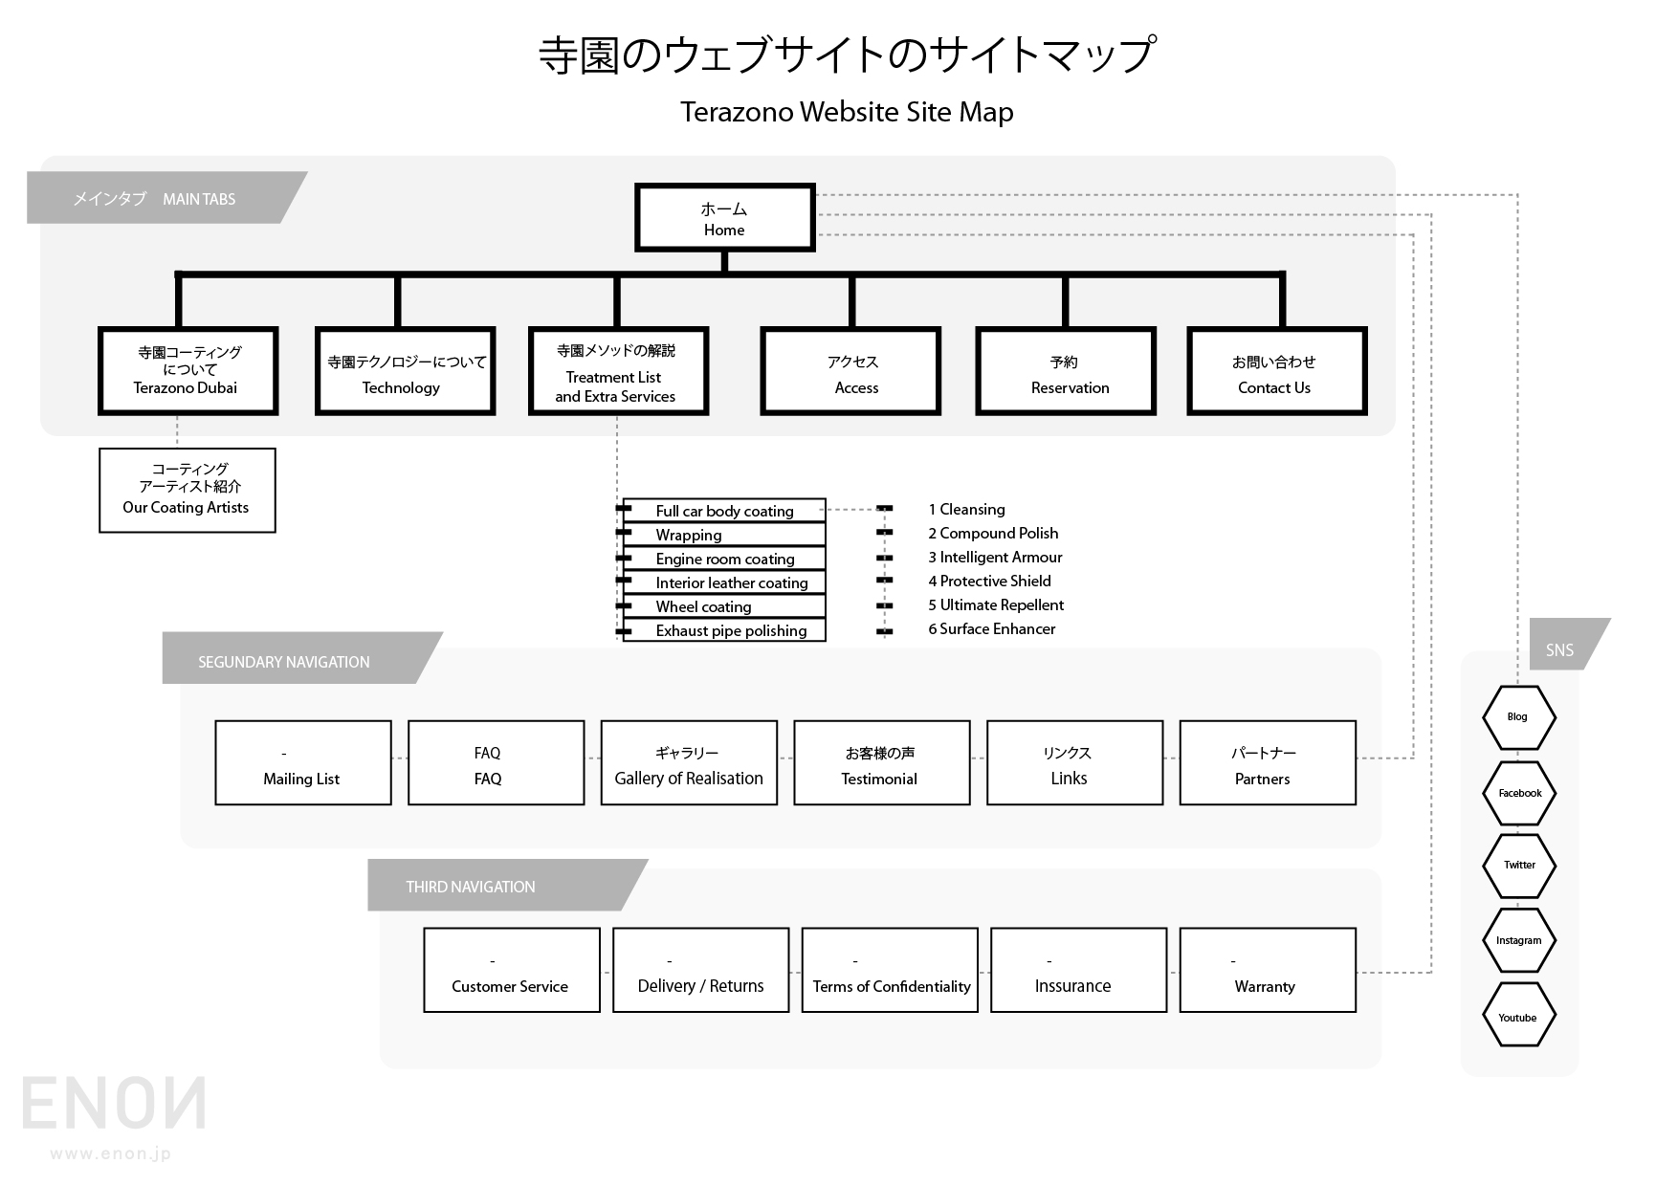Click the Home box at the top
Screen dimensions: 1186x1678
[725, 218]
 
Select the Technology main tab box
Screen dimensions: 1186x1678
[405, 372]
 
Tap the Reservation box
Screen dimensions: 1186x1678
[1066, 372]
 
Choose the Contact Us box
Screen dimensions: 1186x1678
[1276, 372]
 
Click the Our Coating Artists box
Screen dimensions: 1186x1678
[188, 490]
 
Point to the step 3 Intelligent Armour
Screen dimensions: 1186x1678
[995, 557]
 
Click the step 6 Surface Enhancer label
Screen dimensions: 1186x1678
[991, 628]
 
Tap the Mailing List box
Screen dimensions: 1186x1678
[303, 763]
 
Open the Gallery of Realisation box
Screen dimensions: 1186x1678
[689, 763]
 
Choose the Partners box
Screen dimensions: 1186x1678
[1268, 763]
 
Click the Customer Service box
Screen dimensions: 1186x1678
[512, 970]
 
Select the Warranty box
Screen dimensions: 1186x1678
[1268, 970]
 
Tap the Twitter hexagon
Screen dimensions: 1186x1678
[1519, 865]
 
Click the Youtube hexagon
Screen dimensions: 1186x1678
[1518, 1017]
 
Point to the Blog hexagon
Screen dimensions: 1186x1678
[1518, 716]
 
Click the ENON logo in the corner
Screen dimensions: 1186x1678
[114, 1105]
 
